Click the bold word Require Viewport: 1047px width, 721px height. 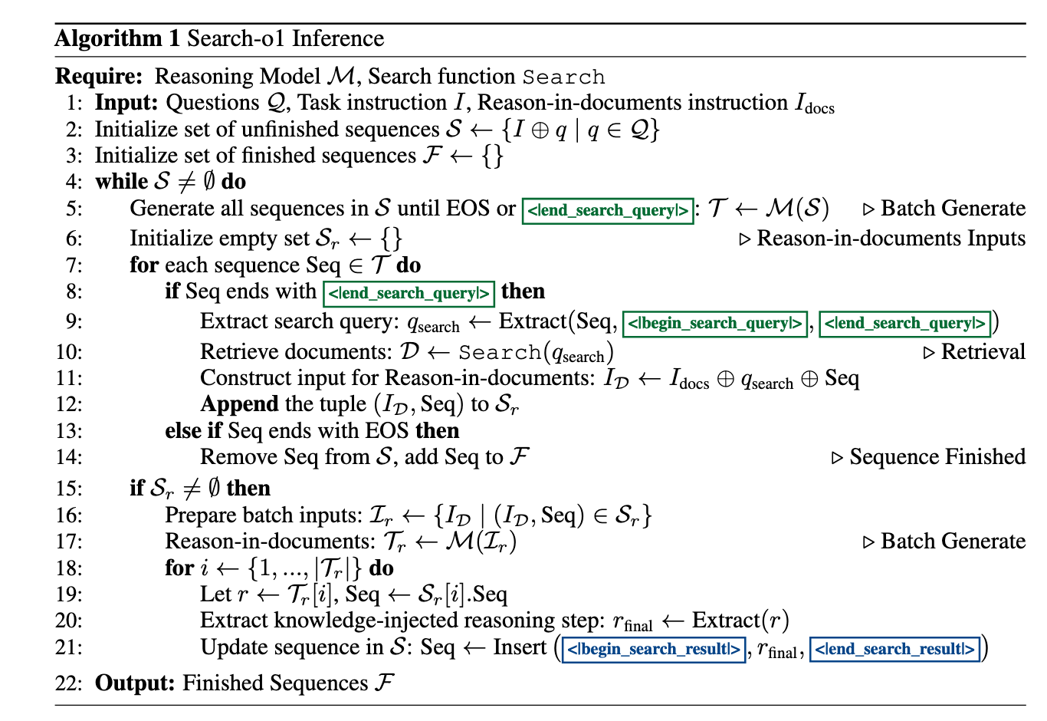point(98,77)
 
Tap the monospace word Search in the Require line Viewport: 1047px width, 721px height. point(563,77)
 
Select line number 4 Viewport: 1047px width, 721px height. point(74,182)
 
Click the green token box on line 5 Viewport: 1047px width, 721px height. point(608,210)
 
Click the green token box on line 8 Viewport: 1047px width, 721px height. point(409,293)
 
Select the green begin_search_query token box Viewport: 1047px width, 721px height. point(715,324)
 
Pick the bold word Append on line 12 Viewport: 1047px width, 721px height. point(239,404)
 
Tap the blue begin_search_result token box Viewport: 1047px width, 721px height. point(654,650)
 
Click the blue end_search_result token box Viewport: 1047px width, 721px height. point(894,650)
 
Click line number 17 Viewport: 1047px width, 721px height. point(70,542)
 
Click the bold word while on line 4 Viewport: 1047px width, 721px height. point(121,182)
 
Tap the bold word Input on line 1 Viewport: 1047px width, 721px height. point(126,103)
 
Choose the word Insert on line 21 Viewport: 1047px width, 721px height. point(520,647)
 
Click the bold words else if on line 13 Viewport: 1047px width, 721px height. point(193,431)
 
